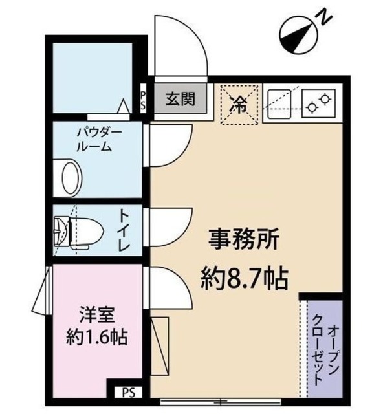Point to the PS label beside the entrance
click(144, 100)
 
